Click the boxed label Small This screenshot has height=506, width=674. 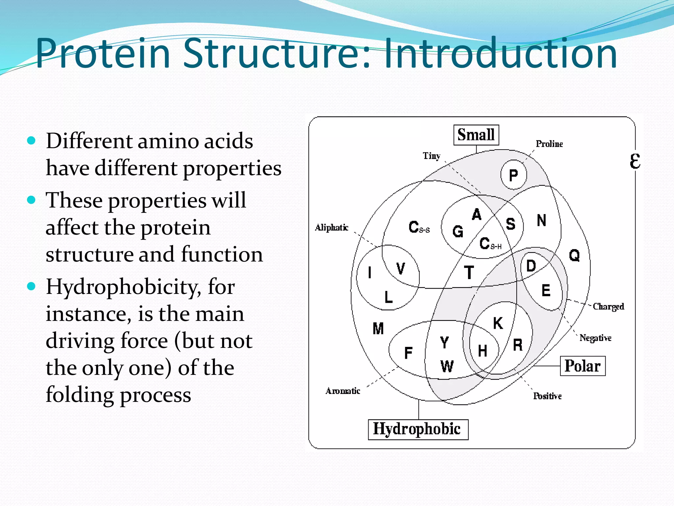tap(476, 135)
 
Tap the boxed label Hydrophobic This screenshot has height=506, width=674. tap(418, 429)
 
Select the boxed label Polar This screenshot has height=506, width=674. tap(583, 366)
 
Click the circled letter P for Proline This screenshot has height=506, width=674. tap(513, 175)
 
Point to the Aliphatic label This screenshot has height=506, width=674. tap(331, 228)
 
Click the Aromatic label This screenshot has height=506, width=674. tap(343, 391)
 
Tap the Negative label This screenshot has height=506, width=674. tap(595, 338)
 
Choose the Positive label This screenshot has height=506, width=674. tap(547, 396)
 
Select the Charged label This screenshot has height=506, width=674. tap(608, 307)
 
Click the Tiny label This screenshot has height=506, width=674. tap(431, 156)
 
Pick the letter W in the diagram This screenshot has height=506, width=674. tap(447, 366)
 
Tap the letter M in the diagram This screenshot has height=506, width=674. tap(378, 328)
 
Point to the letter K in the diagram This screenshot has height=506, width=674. tap(498, 323)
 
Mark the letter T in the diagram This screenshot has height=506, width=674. tap(469, 273)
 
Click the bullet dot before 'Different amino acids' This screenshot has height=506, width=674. tap(31, 141)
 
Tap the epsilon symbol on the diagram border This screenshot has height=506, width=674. tap(635, 161)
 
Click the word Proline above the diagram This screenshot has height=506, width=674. tap(549, 144)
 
